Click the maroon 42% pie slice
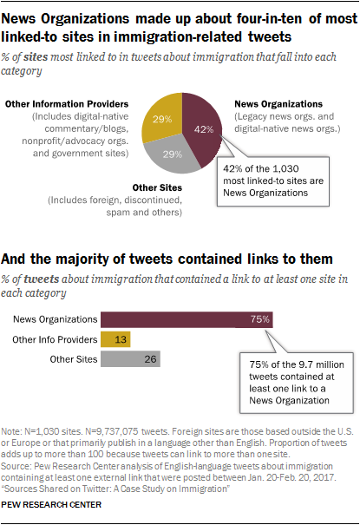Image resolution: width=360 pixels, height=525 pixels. (200, 129)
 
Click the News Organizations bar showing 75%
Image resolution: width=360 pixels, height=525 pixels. (187, 319)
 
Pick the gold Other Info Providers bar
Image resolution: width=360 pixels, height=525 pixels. (115, 339)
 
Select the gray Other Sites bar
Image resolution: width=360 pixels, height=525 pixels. (130, 359)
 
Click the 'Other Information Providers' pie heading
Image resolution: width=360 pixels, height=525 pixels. (67, 104)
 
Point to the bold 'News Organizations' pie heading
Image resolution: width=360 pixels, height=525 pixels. (278, 104)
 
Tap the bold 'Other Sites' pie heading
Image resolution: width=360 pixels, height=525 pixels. (157, 187)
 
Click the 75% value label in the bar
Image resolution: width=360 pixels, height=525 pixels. (260, 319)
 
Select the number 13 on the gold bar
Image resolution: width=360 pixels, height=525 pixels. (121, 339)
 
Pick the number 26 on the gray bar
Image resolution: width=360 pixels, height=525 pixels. (150, 359)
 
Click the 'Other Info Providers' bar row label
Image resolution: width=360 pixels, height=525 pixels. (55, 339)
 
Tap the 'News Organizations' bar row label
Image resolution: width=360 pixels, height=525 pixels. (56, 319)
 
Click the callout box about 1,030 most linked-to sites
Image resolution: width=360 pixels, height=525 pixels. (273, 181)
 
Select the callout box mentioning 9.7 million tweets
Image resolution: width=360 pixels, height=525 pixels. (297, 383)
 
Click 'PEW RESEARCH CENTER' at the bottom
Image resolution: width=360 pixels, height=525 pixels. (51, 504)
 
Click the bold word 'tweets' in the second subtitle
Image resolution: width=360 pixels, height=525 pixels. (42, 279)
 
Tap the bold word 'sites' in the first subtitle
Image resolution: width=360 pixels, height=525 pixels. (36, 57)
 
